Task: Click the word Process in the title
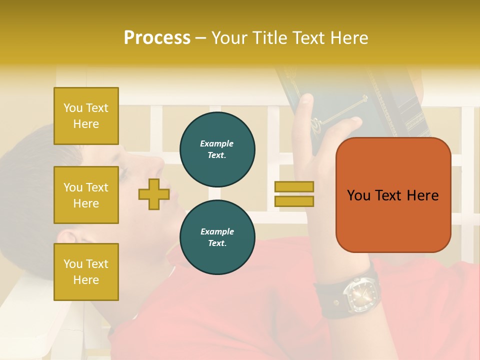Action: (x=157, y=38)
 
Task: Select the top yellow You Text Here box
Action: (x=86, y=116)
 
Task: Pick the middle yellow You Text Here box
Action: (x=86, y=195)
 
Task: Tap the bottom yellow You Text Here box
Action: (x=86, y=272)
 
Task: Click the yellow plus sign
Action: (x=153, y=194)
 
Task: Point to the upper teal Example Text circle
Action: (x=217, y=149)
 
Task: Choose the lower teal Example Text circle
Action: (x=217, y=237)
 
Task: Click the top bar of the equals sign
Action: (x=294, y=186)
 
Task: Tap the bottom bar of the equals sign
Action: (x=294, y=201)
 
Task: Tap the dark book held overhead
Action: (x=350, y=100)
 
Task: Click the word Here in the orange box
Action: (x=422, y=195)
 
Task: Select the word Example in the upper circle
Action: (x=217, y=143)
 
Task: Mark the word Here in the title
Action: (x=349, y=38)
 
